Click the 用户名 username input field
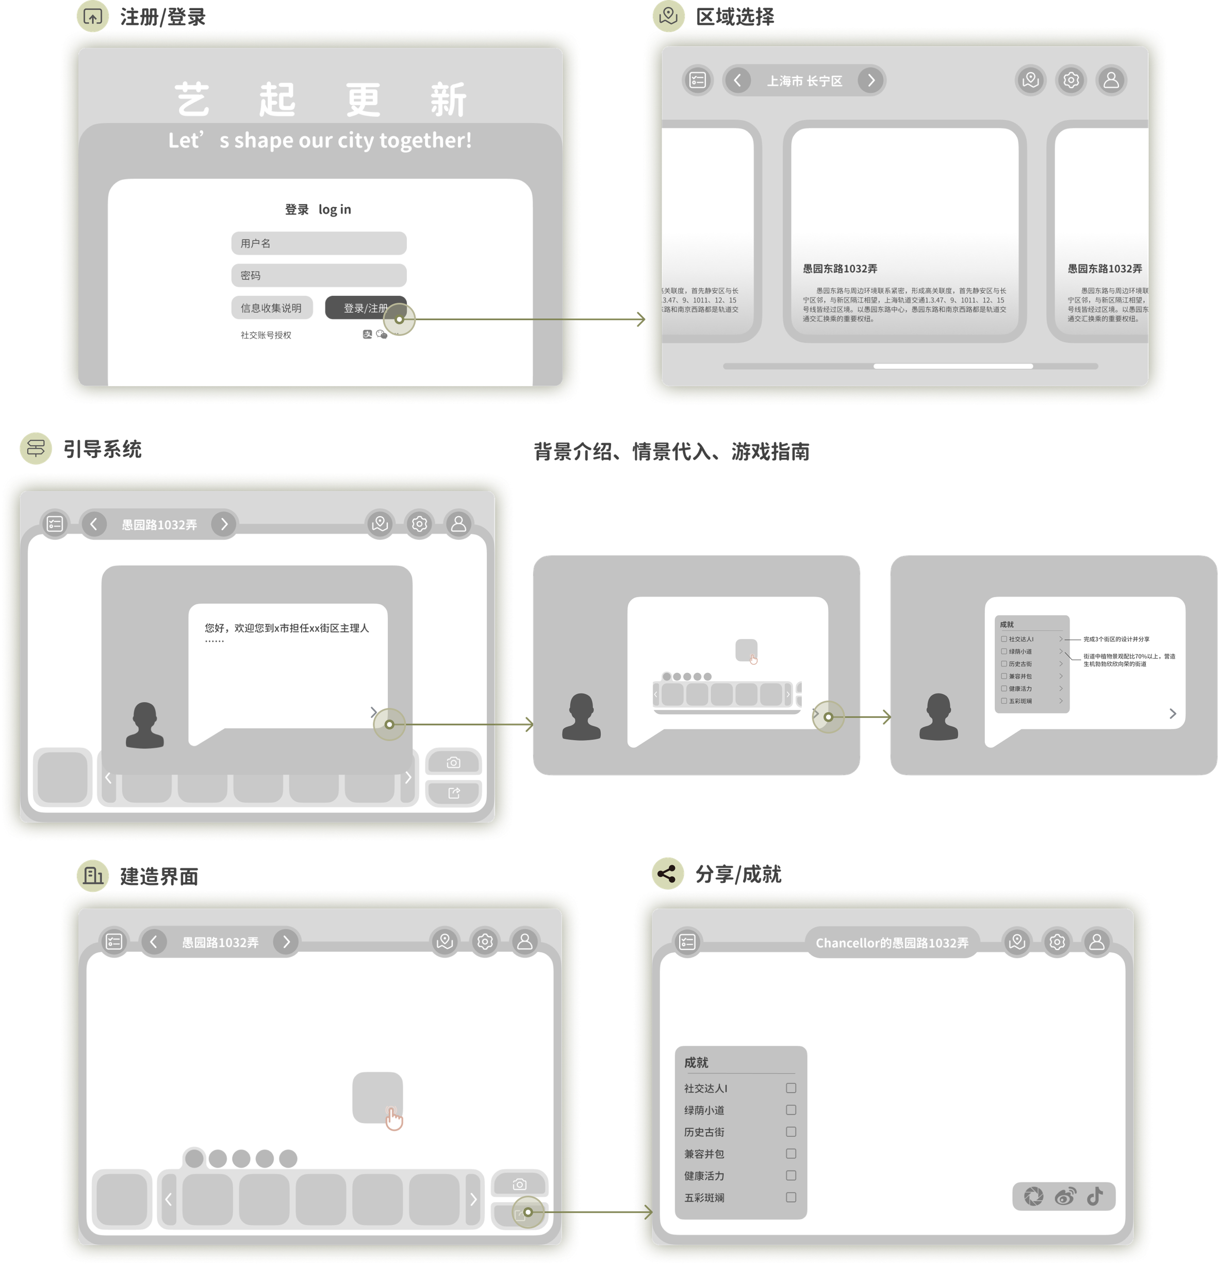[319, 243]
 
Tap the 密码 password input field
[319, 275]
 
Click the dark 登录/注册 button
[365, 308]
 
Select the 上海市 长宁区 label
[804, 80]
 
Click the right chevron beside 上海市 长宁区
[871, 80]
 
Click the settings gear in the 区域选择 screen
[1071, 80]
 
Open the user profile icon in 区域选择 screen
[1111, 80]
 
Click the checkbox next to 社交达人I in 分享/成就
[791, 1088]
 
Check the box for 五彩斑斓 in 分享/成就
[791, 1197]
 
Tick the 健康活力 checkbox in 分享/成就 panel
[791, 1175]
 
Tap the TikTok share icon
[1095, 1196]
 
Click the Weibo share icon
[1065, 1196]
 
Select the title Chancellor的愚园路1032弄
[892, 943]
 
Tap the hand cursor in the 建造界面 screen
[393, 1119]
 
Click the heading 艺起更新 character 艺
[192, 100]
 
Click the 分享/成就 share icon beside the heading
[667, 874]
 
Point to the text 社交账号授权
[266, 335]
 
